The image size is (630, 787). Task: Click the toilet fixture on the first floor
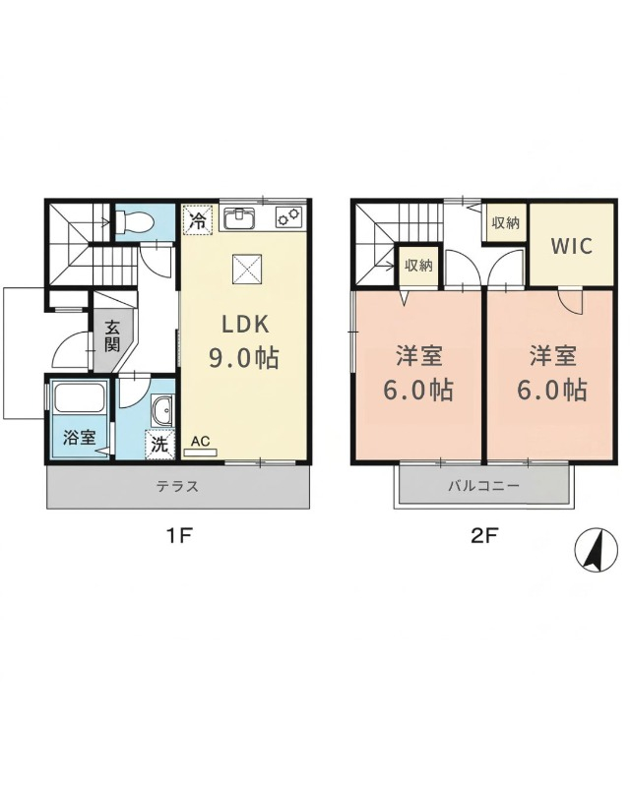click(x=133, y=221)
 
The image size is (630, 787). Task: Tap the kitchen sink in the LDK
click(x=240, y=218)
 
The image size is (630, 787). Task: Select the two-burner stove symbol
click(x=288, y=216)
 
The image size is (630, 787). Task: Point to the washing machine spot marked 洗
click(x=159, y=445)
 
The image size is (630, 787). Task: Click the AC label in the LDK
click(x=201, y=441)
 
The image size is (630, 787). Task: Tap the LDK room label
click(x=246, y=325)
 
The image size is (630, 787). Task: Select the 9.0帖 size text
click(x=244, y=358)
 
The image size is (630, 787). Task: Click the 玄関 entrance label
click(x=112, y=335)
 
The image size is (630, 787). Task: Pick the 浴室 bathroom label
click(x=80, y=438)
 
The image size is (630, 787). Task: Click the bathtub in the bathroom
click(x=80, y=398)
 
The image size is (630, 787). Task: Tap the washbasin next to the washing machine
click(x=162, y=410)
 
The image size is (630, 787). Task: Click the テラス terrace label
click(x=177, y=486)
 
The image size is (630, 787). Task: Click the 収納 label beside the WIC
click(x=505, y=223)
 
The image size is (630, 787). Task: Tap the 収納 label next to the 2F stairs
click(x=418, y=265)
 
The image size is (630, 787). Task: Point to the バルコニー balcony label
click(x=483, y=485)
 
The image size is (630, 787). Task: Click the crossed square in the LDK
click(x=247, y=270)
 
